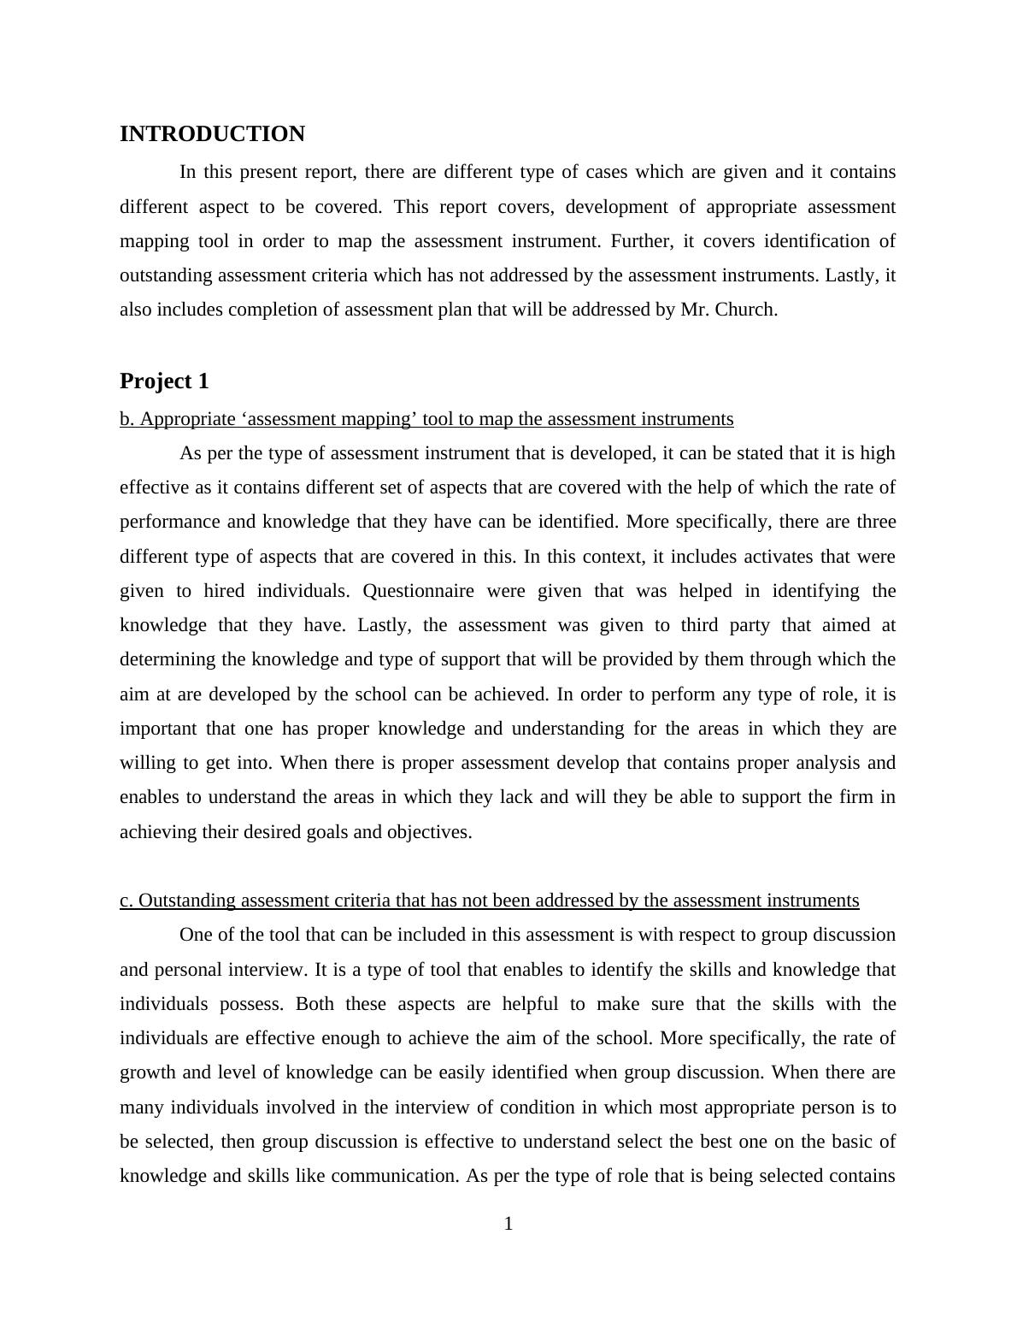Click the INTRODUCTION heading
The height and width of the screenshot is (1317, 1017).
[x=212, y=134]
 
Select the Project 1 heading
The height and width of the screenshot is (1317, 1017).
[x=164, y=381]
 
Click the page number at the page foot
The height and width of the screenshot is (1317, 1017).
[x=508, y=1225]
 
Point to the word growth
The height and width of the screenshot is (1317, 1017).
[x=145, y=1072]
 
